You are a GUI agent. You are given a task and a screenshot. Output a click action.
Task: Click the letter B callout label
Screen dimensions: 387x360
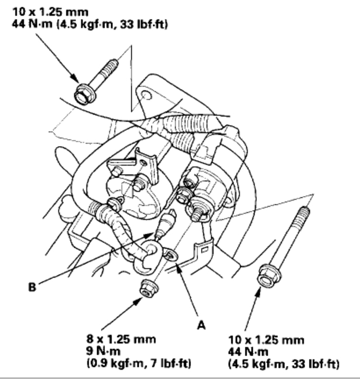(x=32, y=287)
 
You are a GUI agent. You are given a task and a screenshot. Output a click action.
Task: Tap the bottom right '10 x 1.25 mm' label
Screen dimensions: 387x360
(x=266, y=340)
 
